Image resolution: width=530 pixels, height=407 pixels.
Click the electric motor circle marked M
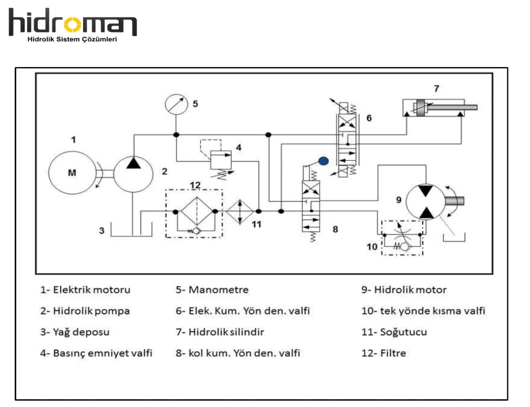click(x=72, y=173)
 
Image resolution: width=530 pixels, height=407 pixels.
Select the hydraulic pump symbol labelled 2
click(x=134, y=172)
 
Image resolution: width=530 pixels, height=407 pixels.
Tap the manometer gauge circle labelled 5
click(x=175, y=105)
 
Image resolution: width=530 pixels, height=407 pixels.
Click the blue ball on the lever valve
click(x=322, y=160)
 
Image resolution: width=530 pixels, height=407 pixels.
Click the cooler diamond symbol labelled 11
click(x=239, y=211)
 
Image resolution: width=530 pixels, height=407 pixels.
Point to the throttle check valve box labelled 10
click(x=402, y=238)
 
